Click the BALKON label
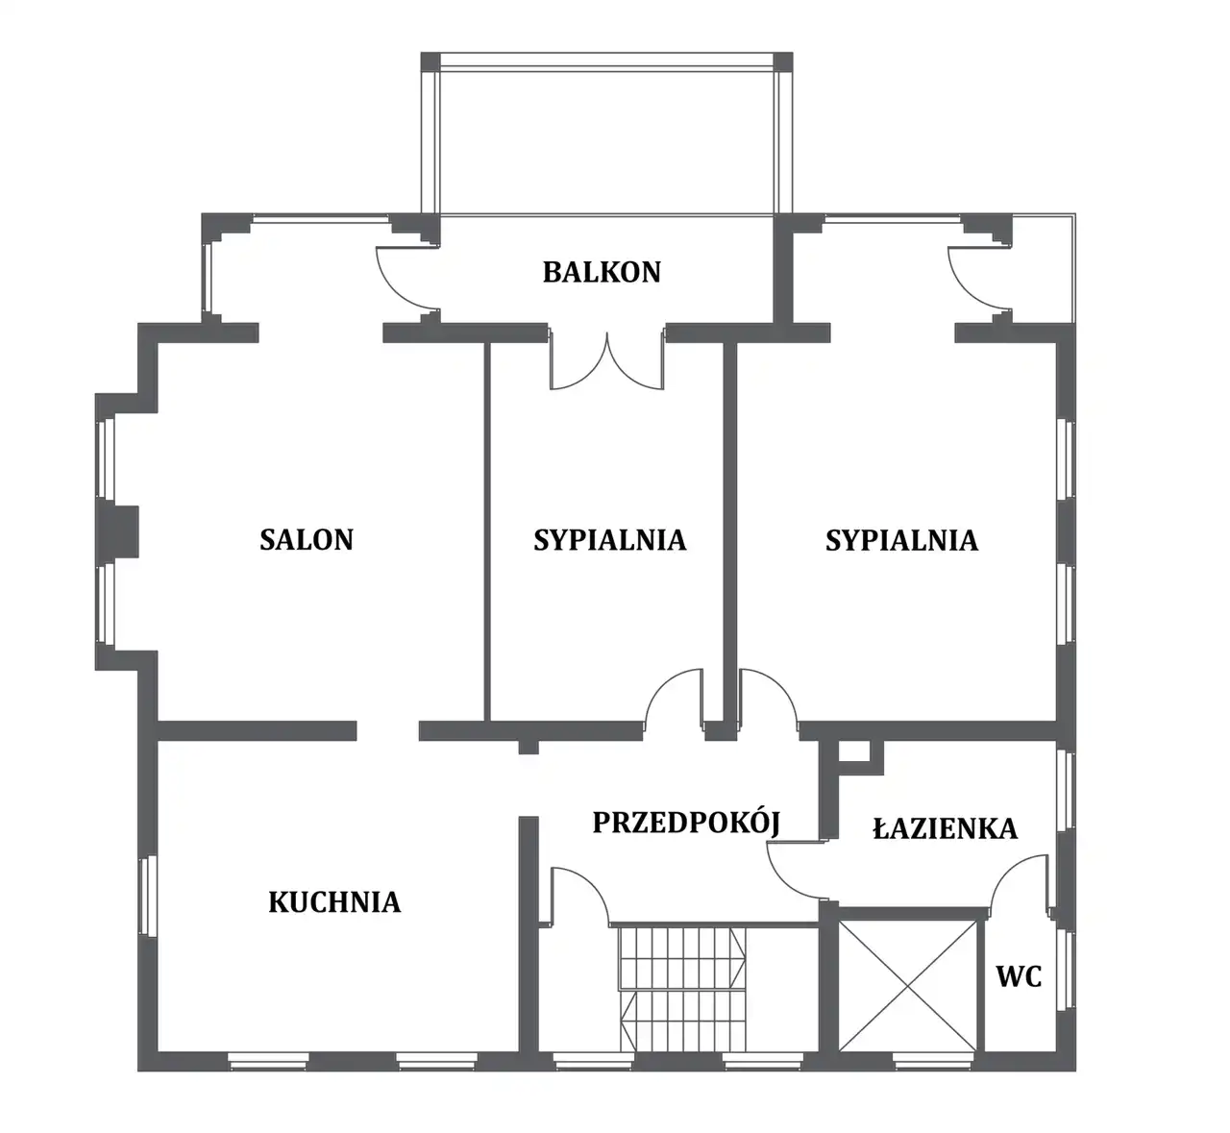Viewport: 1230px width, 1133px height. (x=602, y=272)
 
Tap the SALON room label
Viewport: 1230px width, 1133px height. (x=307, y=540)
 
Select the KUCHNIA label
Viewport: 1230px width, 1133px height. (x=334, y=902)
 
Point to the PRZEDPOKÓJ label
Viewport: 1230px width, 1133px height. (x=686, y=823)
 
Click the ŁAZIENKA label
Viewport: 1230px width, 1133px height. (x=945, y=828)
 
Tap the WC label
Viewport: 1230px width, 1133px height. (x=1019, y=976)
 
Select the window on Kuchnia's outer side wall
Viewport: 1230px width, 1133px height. (x=147, y=896)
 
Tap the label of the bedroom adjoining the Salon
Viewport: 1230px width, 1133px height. (x=609, y=540)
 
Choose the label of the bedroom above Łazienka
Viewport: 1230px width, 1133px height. (x=901, y=540)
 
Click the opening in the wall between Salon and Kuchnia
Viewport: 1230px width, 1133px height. (x=388, y=730)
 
